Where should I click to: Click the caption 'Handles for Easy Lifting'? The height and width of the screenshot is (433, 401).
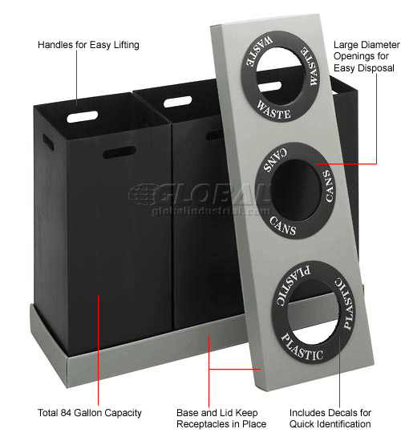tap(88, 45)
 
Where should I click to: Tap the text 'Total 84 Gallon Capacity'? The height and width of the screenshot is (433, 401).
tap(90, 413)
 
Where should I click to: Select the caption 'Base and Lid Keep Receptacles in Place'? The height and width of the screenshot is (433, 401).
tap(221, 418)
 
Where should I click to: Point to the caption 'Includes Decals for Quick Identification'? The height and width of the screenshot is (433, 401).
tap(330, 418)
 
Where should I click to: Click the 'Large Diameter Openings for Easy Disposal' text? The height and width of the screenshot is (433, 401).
tap(367, 56)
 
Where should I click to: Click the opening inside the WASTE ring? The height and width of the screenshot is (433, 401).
tap(281, 76)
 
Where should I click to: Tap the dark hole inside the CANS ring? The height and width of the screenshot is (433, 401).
tap(295, 190)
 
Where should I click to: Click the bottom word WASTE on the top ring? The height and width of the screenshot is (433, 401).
tap(273, 110)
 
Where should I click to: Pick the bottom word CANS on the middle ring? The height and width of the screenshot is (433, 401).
tap(283, 226)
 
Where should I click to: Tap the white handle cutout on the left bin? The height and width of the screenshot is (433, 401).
tap(83, 116)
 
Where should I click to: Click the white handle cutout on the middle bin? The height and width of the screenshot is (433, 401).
tap(177, 102)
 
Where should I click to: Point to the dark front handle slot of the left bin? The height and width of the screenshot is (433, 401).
tap(119, 152)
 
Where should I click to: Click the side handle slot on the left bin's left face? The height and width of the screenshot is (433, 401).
tap(48, 142)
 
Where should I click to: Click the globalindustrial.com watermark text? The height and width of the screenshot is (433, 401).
tap(211, 211)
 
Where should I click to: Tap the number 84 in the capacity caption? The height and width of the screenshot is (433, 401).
tap(66, 413)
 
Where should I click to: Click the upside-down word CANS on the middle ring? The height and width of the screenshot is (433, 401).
tap(275, 160)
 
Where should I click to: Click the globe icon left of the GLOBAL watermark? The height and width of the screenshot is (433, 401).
tap(143, 194)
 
